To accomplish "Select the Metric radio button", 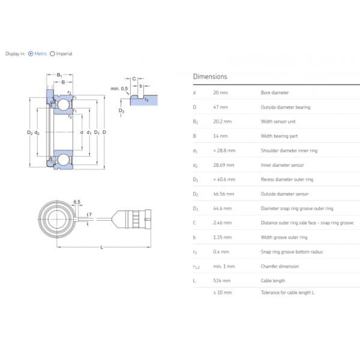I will [31, 53].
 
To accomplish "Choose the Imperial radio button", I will [52, 53].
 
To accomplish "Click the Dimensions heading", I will [210, 77].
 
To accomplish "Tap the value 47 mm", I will [220, 107].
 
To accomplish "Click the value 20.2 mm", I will [222, 122].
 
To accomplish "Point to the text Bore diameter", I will [274, 93].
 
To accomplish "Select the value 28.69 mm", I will [224, 165].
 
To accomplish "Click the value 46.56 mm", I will [224, 194].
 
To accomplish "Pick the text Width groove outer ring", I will [284, 237].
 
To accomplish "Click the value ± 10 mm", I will [223, 292].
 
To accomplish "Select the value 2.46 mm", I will [222, 223].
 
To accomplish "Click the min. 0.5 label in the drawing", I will [119, 89].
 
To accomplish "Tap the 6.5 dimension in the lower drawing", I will [77, 202].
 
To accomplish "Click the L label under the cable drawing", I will [101, 247].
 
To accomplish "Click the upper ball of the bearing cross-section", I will [62, 105].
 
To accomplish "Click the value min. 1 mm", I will [224, 266].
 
